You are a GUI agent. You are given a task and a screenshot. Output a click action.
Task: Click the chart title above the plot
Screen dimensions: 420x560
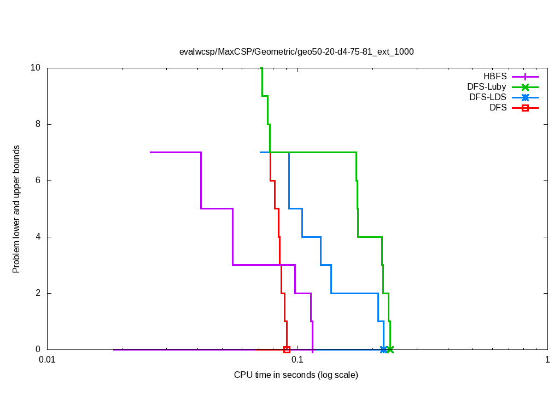(x=296, y=52)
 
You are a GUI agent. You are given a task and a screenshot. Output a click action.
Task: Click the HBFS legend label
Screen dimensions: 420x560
(x=495, y=77)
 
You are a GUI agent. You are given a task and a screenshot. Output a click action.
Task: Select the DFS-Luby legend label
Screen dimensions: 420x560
(x=487, y=87)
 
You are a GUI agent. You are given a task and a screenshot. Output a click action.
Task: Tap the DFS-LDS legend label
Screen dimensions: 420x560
(x=488, y=97)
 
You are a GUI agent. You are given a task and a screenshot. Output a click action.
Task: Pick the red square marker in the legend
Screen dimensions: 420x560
(x=525, y=108)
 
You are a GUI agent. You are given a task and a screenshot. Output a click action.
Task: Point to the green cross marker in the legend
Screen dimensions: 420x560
(x=525, y=87)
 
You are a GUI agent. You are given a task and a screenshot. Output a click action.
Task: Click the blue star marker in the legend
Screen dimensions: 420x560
(x=525, y=97)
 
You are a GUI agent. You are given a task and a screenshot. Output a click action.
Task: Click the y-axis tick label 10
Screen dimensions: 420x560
(x=36, y=68)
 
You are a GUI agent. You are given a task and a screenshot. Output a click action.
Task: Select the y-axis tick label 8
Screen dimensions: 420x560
(x=38, y=124)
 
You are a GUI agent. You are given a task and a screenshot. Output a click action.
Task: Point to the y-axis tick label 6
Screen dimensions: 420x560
(x=38, y=180)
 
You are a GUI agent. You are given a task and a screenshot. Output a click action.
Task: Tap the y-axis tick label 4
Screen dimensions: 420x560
(x=38, y=237)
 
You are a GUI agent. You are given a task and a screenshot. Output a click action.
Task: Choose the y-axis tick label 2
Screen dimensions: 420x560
(x=38, y=293)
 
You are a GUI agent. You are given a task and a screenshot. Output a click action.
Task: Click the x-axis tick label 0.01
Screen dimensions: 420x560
(x=47, y=360)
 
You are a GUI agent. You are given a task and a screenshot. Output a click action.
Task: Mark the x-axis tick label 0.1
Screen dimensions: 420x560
(x=297, y=360)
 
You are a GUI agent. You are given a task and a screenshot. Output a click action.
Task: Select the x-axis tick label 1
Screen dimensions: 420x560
(x=547, y=360)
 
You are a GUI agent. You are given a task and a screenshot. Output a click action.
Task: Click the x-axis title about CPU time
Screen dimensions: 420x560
(x=296, y=375)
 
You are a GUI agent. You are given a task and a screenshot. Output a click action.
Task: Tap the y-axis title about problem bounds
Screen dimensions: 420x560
(x=16, y=209)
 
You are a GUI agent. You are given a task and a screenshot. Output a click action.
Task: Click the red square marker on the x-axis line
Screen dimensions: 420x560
(x=287, y=349)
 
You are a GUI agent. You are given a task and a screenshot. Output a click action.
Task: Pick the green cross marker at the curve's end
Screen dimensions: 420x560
(x=390, y=349)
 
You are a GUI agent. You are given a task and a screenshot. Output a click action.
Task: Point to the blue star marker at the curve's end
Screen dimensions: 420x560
(x=383, y=349)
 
